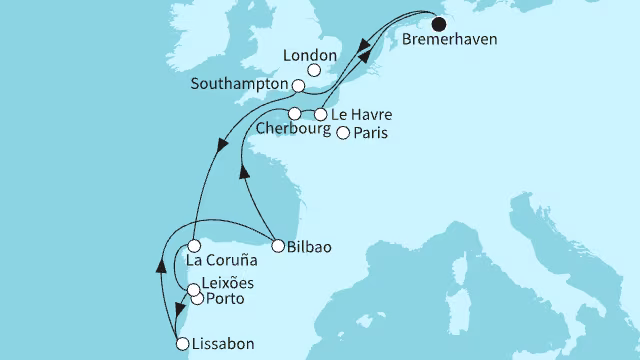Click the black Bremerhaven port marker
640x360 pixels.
pyautogui.click(x=438, y=25)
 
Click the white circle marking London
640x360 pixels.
pyautogui.click(x=313, y=70)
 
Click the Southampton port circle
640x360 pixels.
pyautogui.click(x=297, y=86)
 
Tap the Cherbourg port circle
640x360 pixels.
pyautogui.click(x=295, y=113)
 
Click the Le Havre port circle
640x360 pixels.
pyautogui.click(x=321, y=113)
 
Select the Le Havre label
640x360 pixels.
pyautogui.click(x=359, y=114)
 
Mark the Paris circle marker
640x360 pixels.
pyautogui.click(x=343, y=133)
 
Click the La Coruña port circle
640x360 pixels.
pyautogui.click(x=196, y=244)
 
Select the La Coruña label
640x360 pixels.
pyautogui.click(x=221, y=261)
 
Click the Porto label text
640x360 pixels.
pyautogui.click(x=226, y=300)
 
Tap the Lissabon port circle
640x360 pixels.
pyautogui.click(x=182, y=344)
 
